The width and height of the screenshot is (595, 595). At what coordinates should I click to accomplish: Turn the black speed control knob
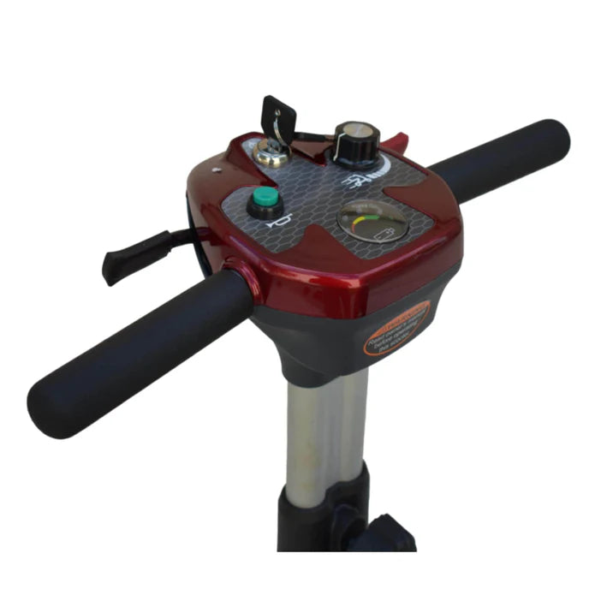[355, 144]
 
